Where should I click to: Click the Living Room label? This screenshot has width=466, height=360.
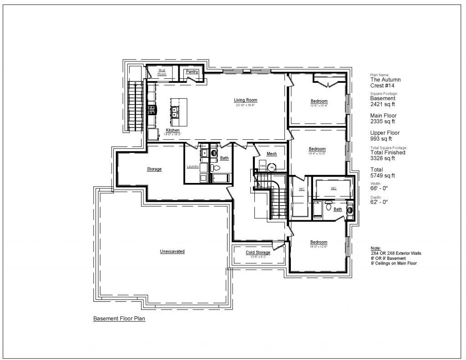click(x=246, y=100)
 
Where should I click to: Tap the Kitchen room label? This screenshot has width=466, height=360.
click(x=172, y=131)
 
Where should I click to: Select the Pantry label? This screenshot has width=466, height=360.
click(x=192, y=71)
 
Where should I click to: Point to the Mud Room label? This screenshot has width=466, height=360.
click(x=162, y=71)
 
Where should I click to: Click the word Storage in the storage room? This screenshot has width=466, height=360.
click(x=154, y=169)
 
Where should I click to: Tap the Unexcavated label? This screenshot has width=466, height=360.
click(x=172, y=251)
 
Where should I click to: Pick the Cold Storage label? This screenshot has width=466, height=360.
click(x=258, y=253)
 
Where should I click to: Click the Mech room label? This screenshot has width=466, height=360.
click(x=272, y=154)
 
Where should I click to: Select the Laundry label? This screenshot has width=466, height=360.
click(x=193, y=167)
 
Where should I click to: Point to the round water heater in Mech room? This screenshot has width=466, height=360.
click(x=272, y=167)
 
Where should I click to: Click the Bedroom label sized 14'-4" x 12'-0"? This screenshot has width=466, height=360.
click(x=317, y=149)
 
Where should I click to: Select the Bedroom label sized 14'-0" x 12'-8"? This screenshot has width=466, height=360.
click(x=319, y=242)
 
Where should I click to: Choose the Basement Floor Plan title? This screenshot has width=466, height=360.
click(x=119, y=319)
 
